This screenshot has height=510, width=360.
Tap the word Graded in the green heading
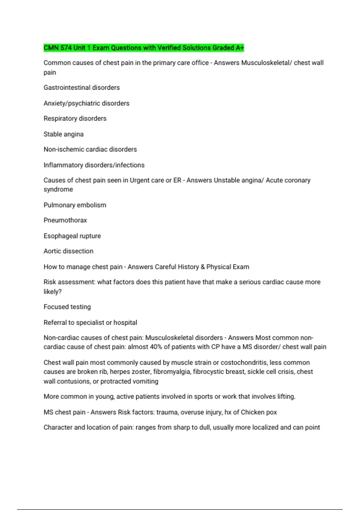(x=223, y=48)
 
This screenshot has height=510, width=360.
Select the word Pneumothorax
(x=65, y=220)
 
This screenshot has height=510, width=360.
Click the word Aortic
(x=52, y=251)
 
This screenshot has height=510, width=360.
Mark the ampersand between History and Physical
(x=202, y=267)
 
